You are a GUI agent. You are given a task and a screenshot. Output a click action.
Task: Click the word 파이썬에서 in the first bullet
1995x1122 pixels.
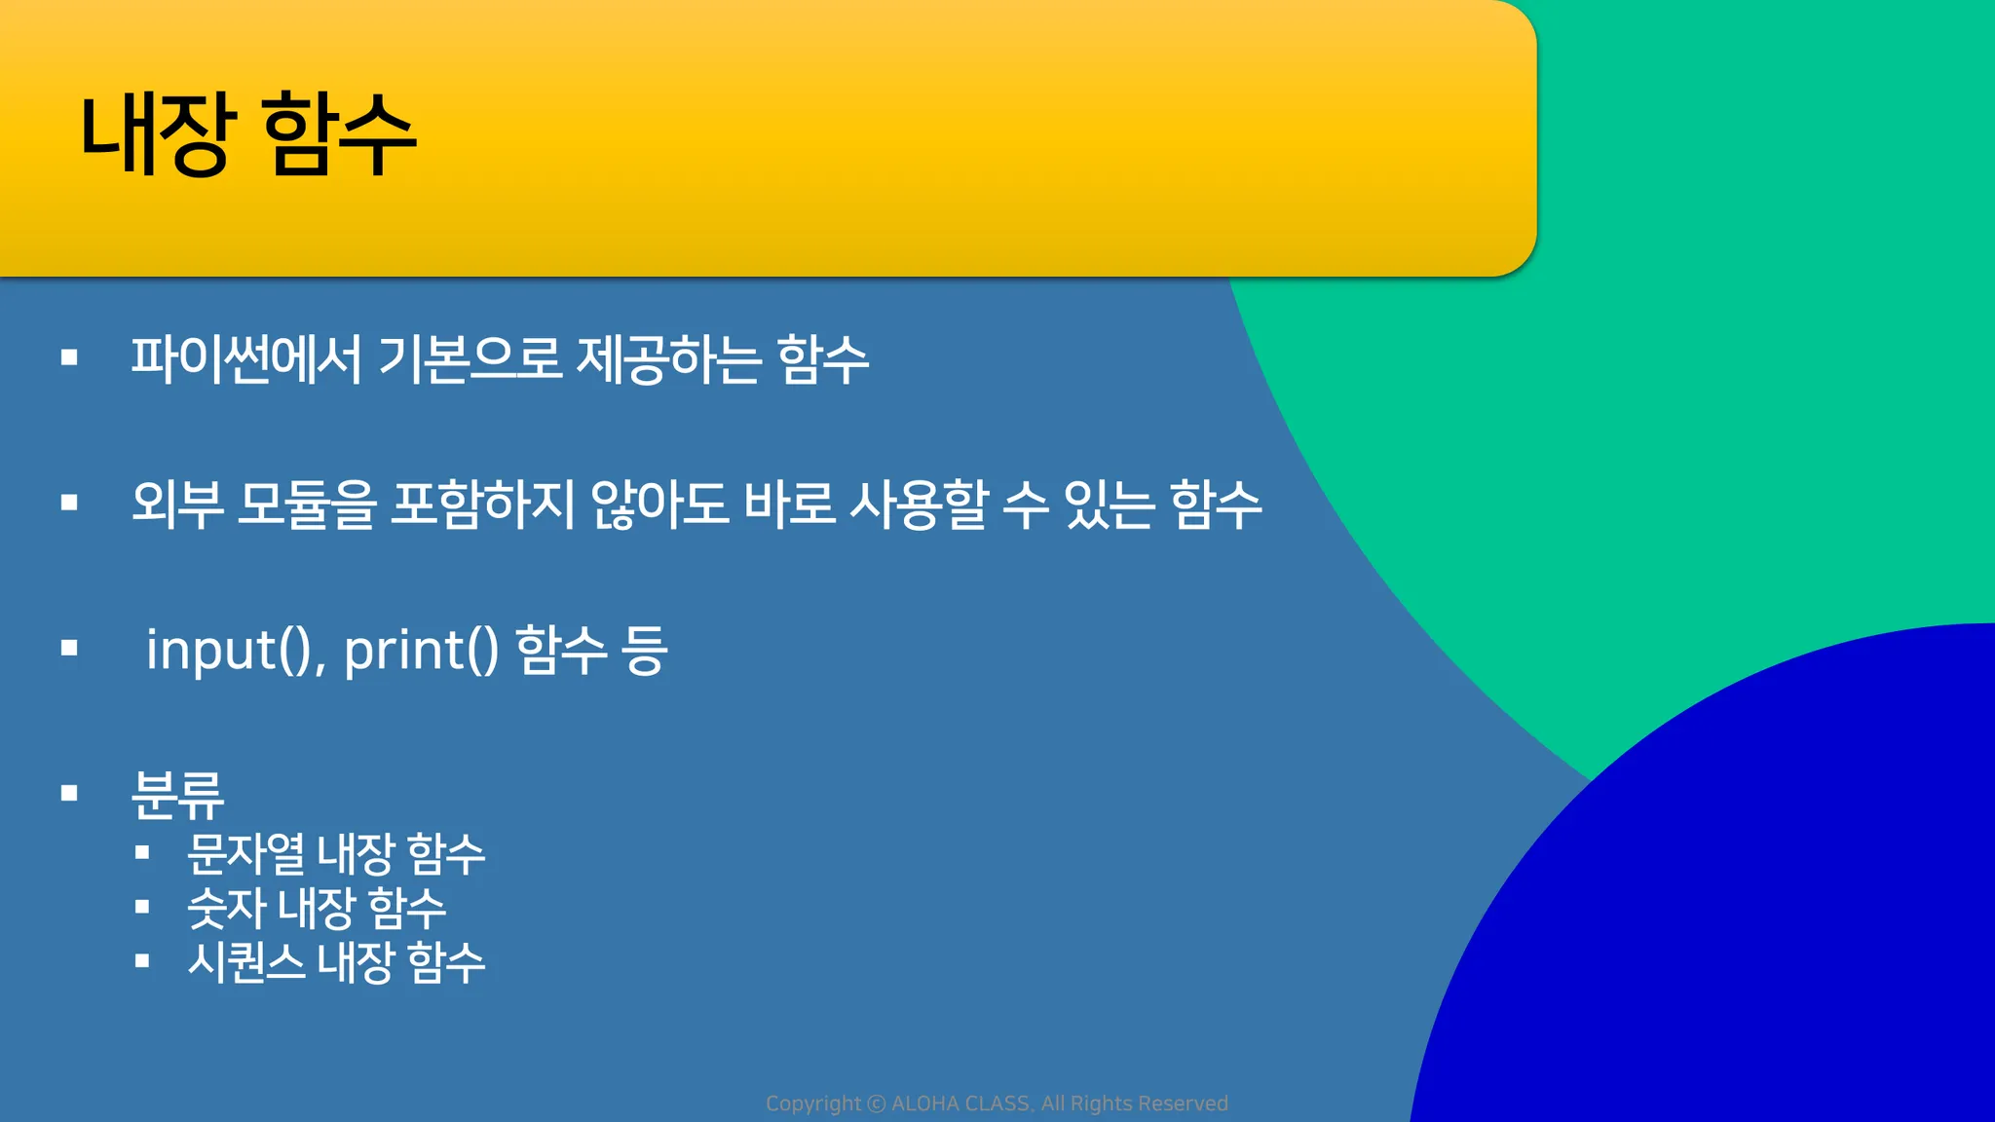(x=246, y=358)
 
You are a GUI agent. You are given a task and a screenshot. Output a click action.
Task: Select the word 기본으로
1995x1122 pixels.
(x=470, y=358)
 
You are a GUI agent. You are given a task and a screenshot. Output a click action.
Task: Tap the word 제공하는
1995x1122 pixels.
(x=668, y=358)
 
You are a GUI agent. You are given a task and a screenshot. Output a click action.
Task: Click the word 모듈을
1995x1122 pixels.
(x=307, y=505)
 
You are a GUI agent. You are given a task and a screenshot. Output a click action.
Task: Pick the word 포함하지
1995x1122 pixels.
(x=483, y=505)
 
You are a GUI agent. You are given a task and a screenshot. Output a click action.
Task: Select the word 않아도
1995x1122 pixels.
(x=659, y=505)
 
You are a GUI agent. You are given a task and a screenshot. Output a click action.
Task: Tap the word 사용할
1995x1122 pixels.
(x=919, y=505)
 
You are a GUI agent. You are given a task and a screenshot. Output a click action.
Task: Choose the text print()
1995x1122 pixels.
(x=421, y=650)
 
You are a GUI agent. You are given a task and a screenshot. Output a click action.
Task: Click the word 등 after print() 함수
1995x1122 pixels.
(x=645, y=650)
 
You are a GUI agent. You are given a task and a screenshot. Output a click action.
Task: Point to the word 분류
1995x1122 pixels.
(x=177, y=794)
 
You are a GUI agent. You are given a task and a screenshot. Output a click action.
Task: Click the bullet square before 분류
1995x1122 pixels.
(x=69, y=793)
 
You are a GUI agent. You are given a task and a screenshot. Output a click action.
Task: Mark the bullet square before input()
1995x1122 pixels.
(x=69, y=648)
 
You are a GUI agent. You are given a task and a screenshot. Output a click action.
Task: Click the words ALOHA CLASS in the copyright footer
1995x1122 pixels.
(x=960, y=1103)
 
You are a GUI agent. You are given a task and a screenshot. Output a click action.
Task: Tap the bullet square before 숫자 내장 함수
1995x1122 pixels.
(x=142, y=907)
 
